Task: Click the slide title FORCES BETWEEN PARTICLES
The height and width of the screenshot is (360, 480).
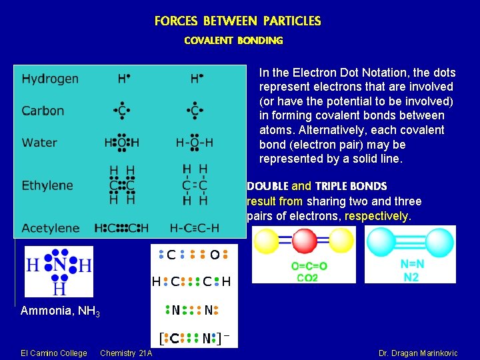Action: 237,21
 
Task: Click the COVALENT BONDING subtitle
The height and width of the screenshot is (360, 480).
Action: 233,41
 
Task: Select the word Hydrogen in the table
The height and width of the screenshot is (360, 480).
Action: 50,79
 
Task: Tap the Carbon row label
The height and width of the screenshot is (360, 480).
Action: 43,111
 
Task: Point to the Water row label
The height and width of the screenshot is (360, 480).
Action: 39,142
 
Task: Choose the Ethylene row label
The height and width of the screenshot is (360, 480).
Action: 47,185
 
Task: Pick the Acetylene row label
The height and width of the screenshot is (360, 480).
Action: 51,228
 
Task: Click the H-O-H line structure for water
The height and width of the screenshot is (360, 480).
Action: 195,142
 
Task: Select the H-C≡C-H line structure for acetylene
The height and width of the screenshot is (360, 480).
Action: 194,228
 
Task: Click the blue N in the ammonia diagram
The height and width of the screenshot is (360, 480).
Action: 59,265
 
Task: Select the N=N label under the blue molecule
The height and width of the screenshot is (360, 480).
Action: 412,265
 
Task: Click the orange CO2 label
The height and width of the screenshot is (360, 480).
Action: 307,277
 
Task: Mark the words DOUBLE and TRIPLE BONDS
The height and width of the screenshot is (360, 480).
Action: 317,187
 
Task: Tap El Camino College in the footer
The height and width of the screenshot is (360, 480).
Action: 54,353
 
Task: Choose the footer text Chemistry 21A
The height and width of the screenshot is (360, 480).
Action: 126,353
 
